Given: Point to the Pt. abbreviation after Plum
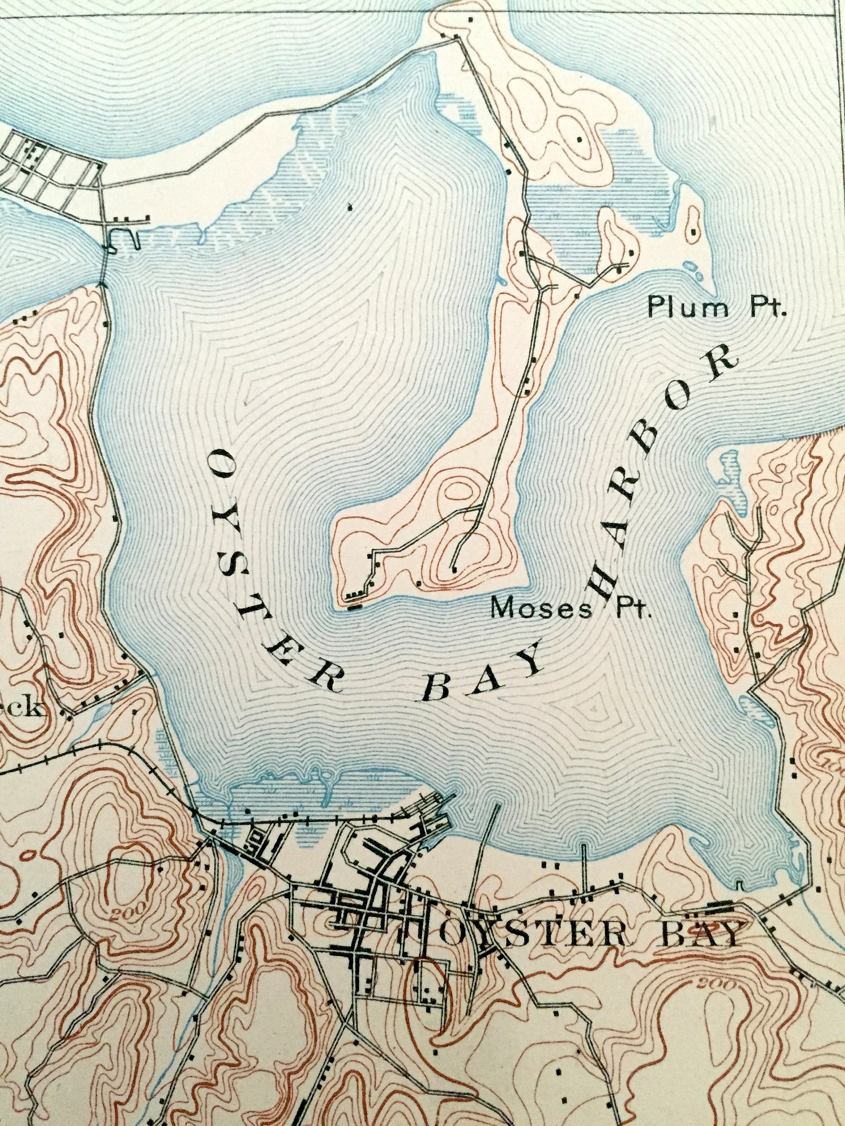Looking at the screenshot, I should [768, 308].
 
